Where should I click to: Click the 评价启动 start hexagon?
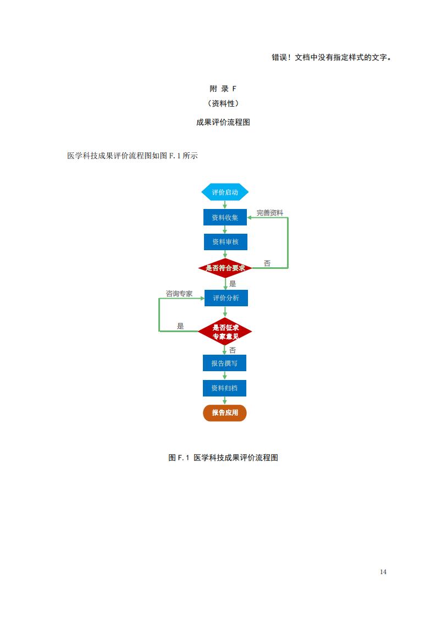point(225,192)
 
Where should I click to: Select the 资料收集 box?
point(225,217)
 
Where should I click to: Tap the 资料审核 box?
point(225,241)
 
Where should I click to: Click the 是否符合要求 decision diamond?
point(225,268)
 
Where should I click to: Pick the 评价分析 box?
point(225,298)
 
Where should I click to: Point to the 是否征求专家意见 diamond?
point(225,332)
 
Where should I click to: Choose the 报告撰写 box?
point(224,363)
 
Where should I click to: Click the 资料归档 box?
point(224,388)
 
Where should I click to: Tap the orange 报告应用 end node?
point(225,412)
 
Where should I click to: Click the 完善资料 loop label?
point(269,212)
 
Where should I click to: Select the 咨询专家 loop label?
point(179,294)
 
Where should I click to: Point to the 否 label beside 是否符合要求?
point(267,263)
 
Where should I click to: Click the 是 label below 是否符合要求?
point(233,284)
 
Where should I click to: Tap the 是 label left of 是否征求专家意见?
point(180,326)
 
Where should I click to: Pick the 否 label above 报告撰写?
point(233,350)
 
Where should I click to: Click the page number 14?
point(383,571)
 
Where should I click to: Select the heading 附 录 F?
point(223,89)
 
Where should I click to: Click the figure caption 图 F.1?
point(223,458)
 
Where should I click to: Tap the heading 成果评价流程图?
point(223,123)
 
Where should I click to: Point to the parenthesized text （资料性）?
point(223,103)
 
